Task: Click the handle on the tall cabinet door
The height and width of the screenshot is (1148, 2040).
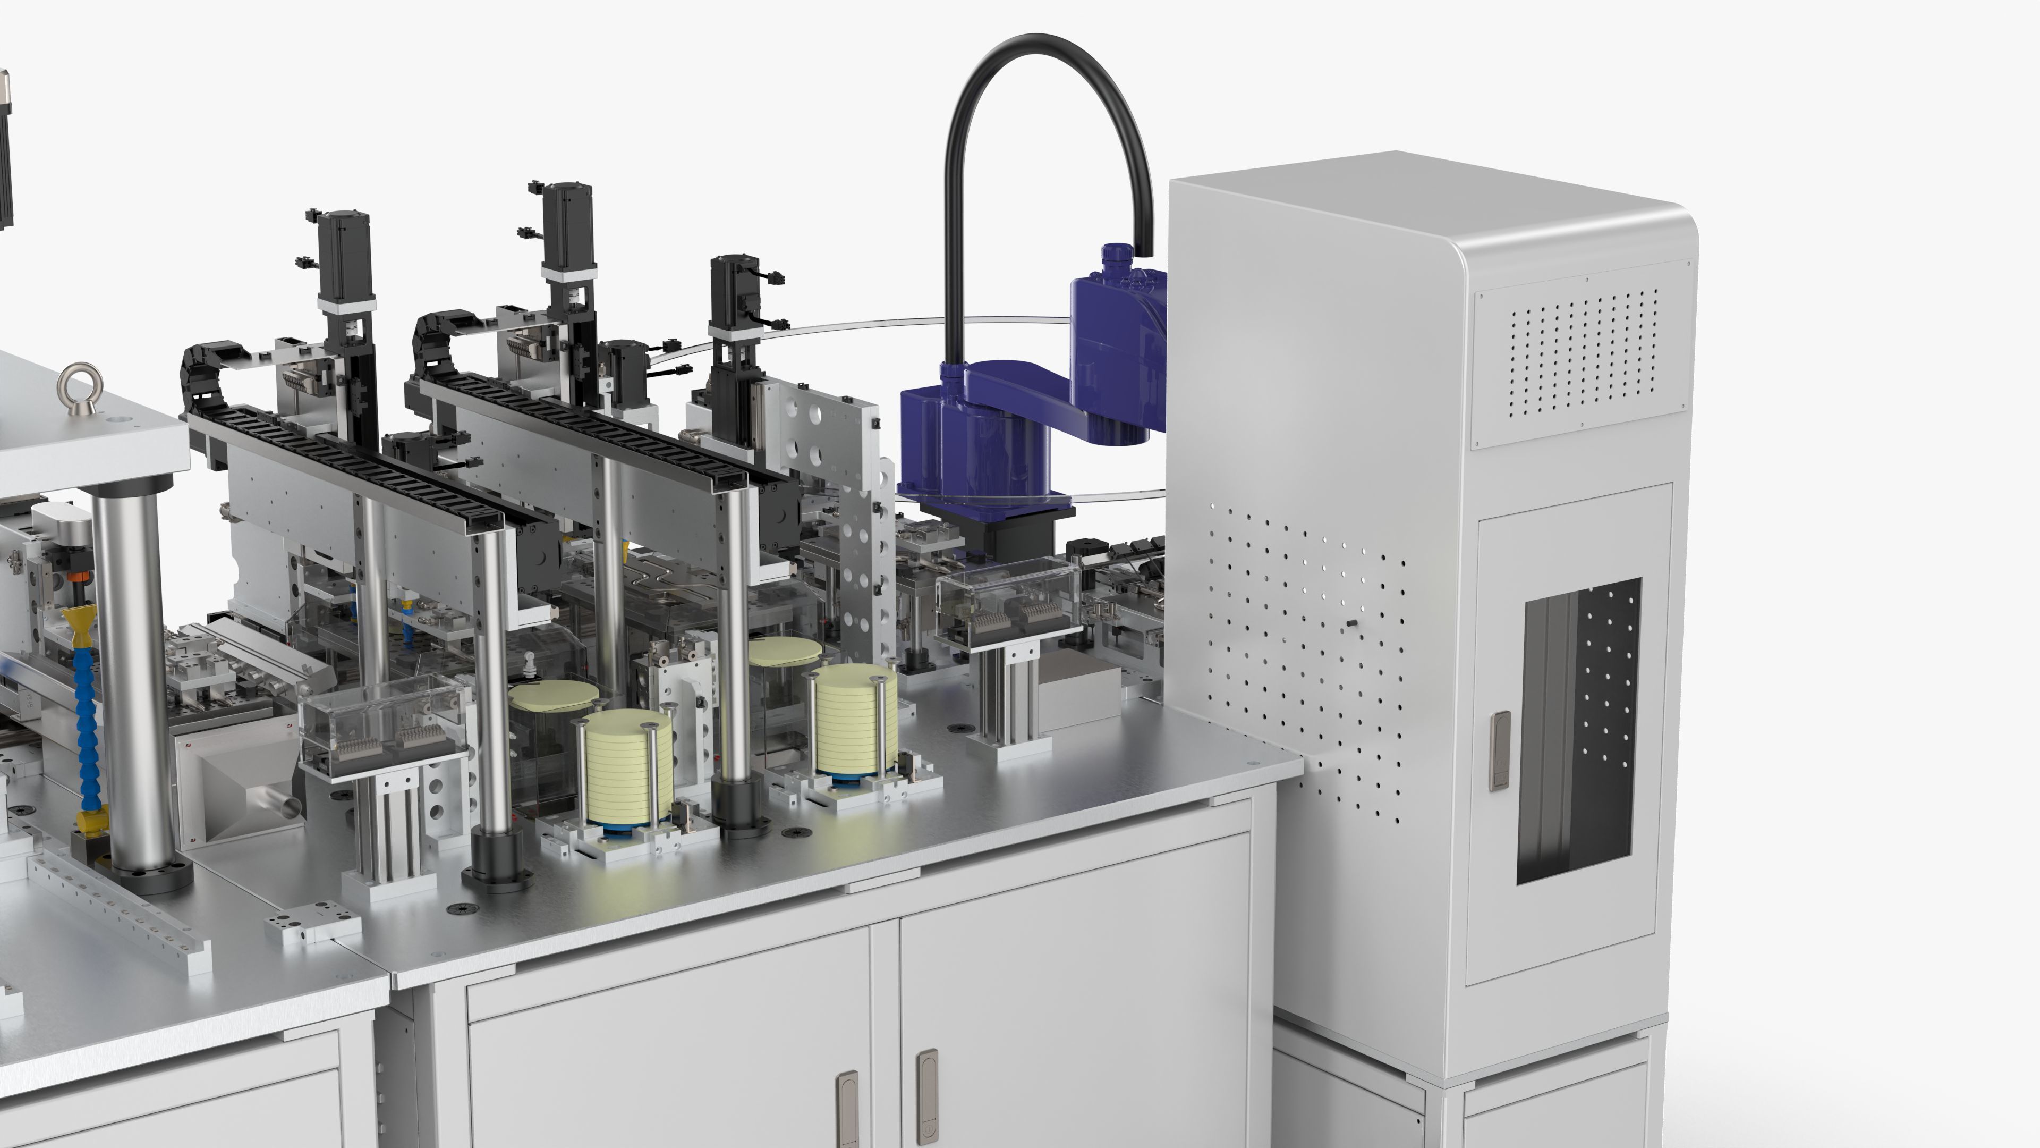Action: tap(1499, 749)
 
